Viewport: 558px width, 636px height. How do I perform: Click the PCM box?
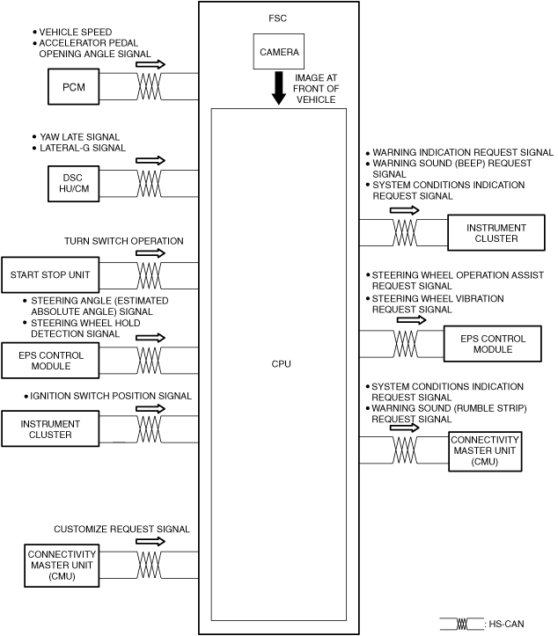[x=73, y=86]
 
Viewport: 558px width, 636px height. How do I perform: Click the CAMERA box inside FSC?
[x=279, y=51]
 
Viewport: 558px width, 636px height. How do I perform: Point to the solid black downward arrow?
[x=279, y=88]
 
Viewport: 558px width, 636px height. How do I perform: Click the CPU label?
[x=281, y=363]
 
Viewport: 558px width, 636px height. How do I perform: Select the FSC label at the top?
[x=278, y=18]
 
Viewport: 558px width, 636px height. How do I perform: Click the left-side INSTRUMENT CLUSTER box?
[x=50, y=429]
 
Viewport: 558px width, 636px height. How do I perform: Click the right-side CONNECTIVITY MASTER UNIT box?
[x=485, y=450]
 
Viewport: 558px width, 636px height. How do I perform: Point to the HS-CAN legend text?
[x=505, y=624]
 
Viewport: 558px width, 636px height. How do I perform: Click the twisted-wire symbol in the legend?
[x=465, y=624]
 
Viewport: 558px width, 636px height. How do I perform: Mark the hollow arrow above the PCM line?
[x=151, y=64]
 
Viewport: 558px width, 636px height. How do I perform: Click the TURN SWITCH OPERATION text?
[x=123, y=240]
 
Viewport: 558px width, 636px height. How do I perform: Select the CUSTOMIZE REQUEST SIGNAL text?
[x=121, y=529]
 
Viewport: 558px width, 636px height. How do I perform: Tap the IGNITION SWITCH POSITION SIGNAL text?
[x=110, y=396]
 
